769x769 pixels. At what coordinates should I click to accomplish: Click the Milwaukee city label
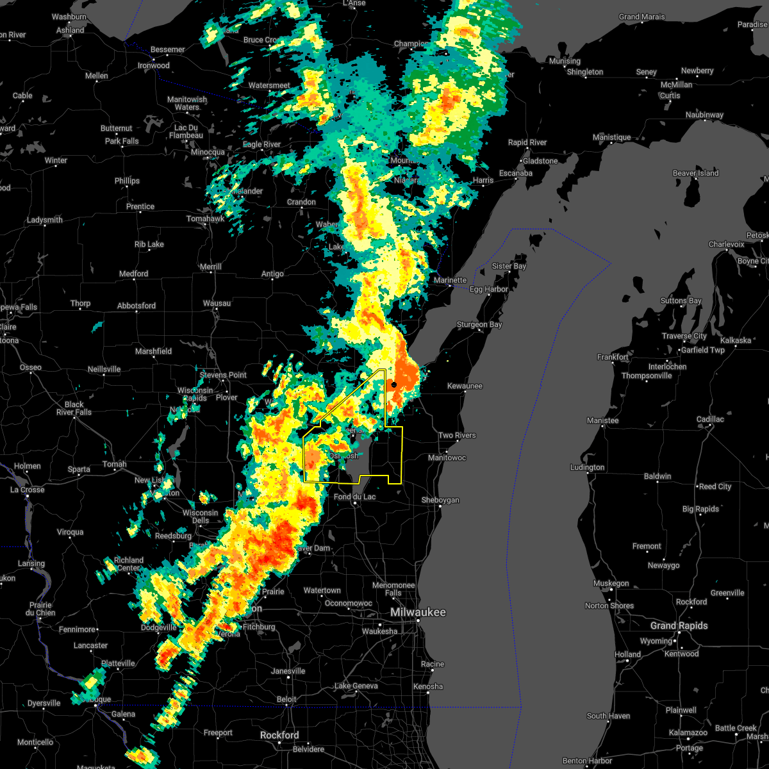tap(418, 613)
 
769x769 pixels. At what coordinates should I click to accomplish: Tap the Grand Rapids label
tap(679, 625)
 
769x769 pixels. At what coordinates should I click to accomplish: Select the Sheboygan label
tap(440, 500)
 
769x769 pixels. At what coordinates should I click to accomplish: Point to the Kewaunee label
tap(465, 386)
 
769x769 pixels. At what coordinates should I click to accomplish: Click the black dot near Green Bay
tap(394, 384)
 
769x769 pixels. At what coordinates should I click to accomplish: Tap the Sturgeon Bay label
tap(479, 325)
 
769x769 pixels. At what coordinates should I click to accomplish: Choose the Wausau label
tap(217, 303)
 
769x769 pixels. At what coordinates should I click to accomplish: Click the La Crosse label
tap(28, 490)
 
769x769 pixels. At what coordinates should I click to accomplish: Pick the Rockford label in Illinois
tap(280, 735)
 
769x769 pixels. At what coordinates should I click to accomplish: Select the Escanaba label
tap(516, 173)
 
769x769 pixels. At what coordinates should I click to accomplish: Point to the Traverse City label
tap(685, 336)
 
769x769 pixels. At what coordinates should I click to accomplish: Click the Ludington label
tap(587, 467)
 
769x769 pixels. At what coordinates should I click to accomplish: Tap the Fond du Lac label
tap(355, 497)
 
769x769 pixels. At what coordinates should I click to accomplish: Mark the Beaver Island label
tap(695, 173)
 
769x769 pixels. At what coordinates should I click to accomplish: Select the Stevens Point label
tap(224, 375)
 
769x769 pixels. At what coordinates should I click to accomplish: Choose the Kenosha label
tap(428, 686)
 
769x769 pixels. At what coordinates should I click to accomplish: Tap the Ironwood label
tap(154, 65)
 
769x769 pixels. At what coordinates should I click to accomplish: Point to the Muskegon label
tap(611, 583)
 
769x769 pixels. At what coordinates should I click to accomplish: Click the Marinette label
tap(450, 280)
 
